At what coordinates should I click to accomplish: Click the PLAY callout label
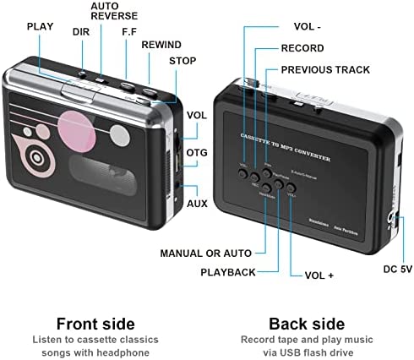[x=40, y=26]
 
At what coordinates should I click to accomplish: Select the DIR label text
[x=81, y=32]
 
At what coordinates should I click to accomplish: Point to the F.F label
[x=128, y=32]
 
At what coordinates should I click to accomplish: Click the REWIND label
[x=161, y=44]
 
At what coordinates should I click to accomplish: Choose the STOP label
[x=182, y=61]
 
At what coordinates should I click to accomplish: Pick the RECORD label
[x=302, y=48]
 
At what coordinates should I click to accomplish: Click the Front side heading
[x=95, y=324]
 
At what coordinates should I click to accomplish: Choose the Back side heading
[x=306, y=324]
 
